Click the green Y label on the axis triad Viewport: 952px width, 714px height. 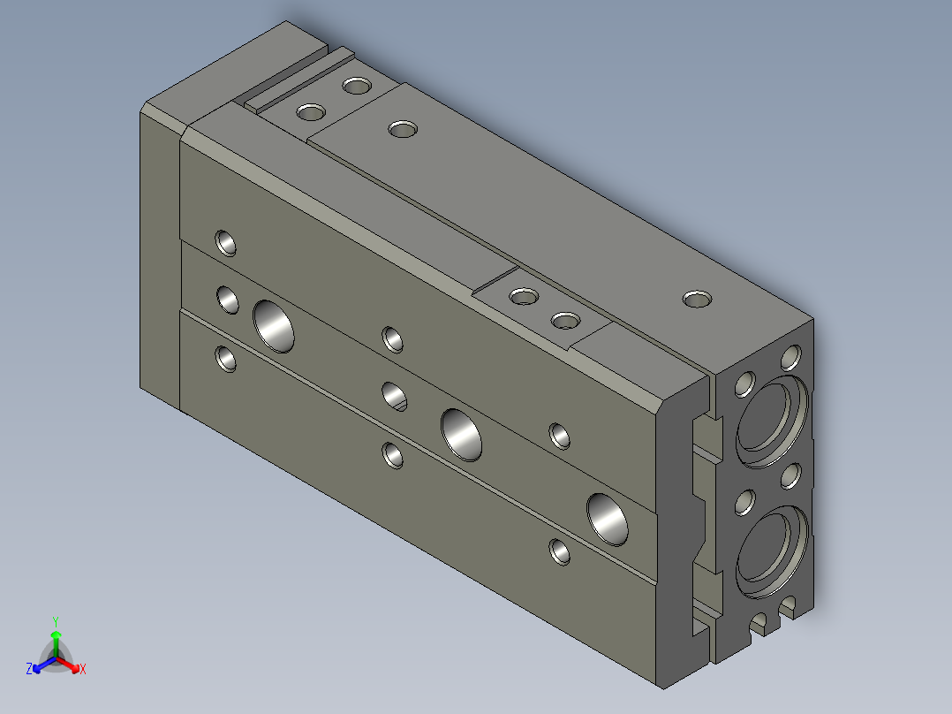point(56,621)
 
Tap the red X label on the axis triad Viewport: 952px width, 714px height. point(83,669)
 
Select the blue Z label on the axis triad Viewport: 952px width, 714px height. point(28,668)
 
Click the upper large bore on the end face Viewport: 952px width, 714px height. point(772,422)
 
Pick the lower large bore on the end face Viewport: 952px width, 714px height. point(772,551)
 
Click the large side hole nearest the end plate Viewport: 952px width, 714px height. point(274,326)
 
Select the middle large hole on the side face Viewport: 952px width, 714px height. point(461,435)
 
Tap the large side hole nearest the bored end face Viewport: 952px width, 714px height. point(608,520)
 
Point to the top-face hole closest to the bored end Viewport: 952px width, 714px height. point(697,299)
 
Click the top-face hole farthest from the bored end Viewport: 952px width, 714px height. point(357,85)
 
